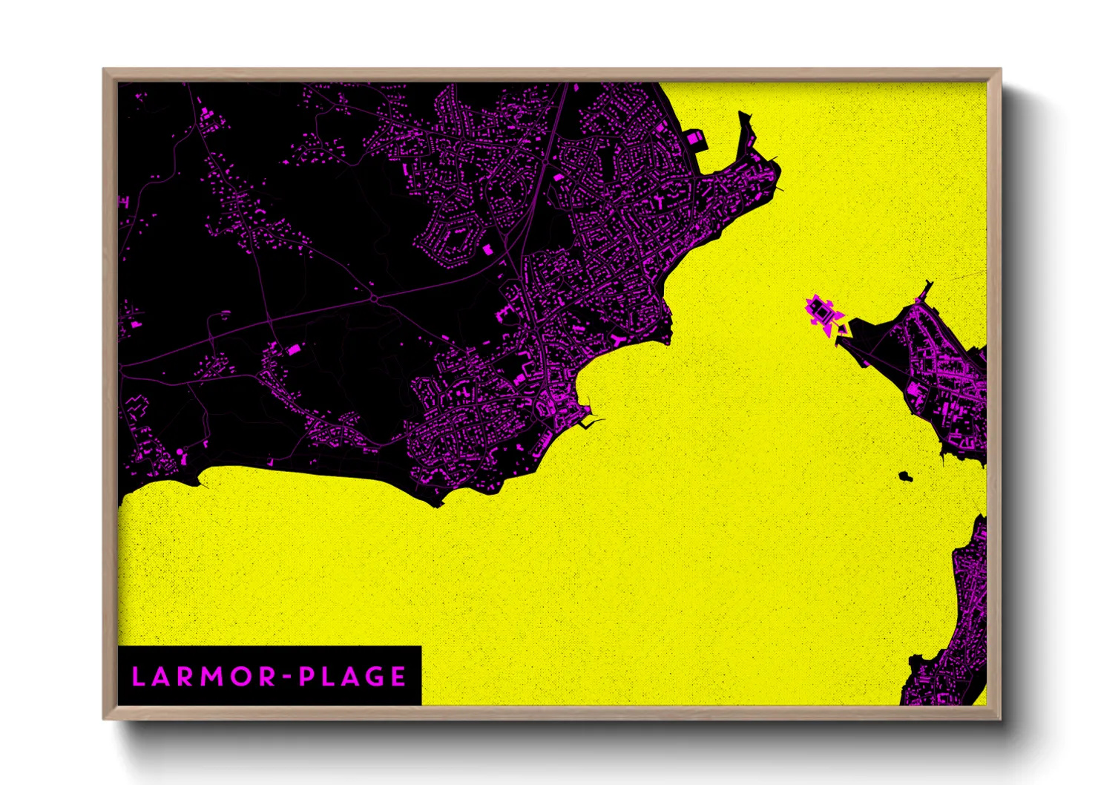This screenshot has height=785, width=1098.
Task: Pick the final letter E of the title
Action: (x=398, y=676)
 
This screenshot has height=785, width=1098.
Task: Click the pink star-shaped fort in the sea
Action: (x=822, y=312)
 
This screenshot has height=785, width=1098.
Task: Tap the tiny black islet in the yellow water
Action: (x=904, y=476)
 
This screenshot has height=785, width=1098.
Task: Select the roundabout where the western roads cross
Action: (x=375, y=298)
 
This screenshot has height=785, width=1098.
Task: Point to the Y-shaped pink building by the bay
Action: (x=619, y=340)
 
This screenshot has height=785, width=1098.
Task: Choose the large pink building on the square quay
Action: (x=695, y=138)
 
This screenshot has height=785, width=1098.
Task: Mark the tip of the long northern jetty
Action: (x=742, y=113)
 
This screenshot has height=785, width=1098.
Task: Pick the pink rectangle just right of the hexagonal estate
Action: (x=488, y=250)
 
